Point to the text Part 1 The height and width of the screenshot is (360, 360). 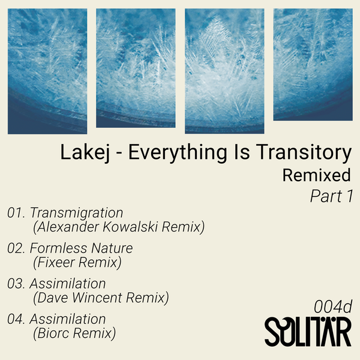point(331,196)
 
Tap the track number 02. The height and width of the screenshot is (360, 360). point(16,248)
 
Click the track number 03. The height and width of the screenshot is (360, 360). point(16,283)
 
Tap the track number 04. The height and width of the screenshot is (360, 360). point(16,319)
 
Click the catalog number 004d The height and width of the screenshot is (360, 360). point(332,306)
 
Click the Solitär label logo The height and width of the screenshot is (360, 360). point(308,332)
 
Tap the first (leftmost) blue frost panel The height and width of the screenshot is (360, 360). point(47,71)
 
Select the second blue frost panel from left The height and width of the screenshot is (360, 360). point(136,71)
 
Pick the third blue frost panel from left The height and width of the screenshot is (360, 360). point(224,71)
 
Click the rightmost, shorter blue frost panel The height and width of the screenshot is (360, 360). point(313,64)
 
